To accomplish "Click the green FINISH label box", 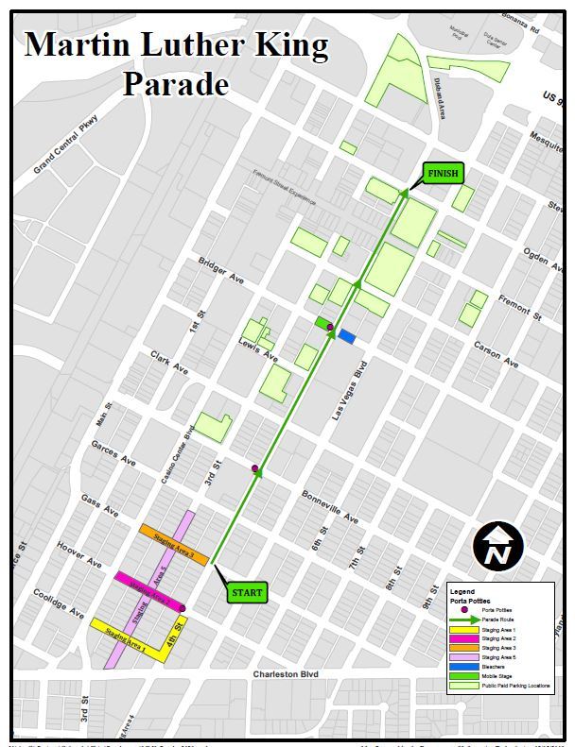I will coord(442,174).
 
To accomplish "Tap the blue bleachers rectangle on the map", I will coord(347,335).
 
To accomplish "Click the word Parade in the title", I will coord(176,84).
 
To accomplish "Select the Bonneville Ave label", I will coord(330,507).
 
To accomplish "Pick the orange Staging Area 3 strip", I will coord(173,545).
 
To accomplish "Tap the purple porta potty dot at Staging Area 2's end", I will coord(183,608).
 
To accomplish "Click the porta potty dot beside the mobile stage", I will coord(330,327).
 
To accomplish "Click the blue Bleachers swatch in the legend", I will coord(463,667).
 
